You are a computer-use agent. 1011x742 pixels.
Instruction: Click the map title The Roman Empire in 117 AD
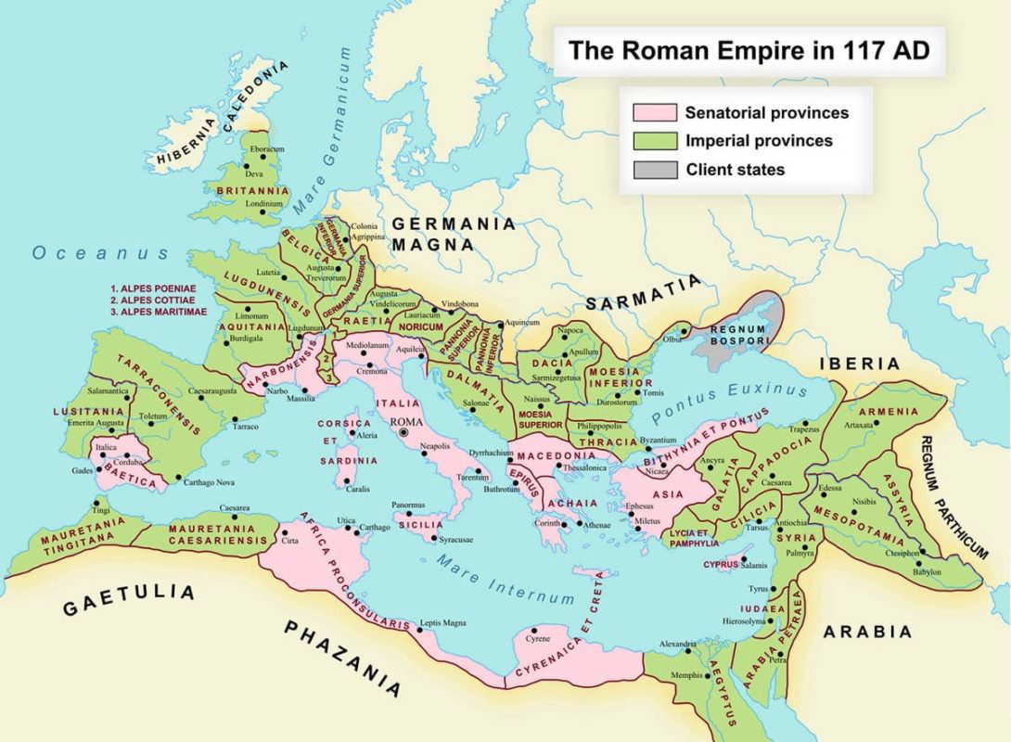pyautogui.click(x=749, y=49)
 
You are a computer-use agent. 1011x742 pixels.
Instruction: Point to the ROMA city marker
pyautogui.click(x=403, y=432)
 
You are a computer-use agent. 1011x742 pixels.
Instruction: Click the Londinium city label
pyautogui.click(x=265, y=203)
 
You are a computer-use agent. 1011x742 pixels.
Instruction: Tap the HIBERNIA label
pyautogui.click(x=186, y=148)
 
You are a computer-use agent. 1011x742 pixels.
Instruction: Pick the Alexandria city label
pyautogui.click(x=677, y=643)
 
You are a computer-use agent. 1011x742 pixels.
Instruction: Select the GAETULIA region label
pyautogui.click(x=129, y=600)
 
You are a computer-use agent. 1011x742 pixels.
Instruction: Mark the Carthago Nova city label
pyautogui.click(x=209, y=482)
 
